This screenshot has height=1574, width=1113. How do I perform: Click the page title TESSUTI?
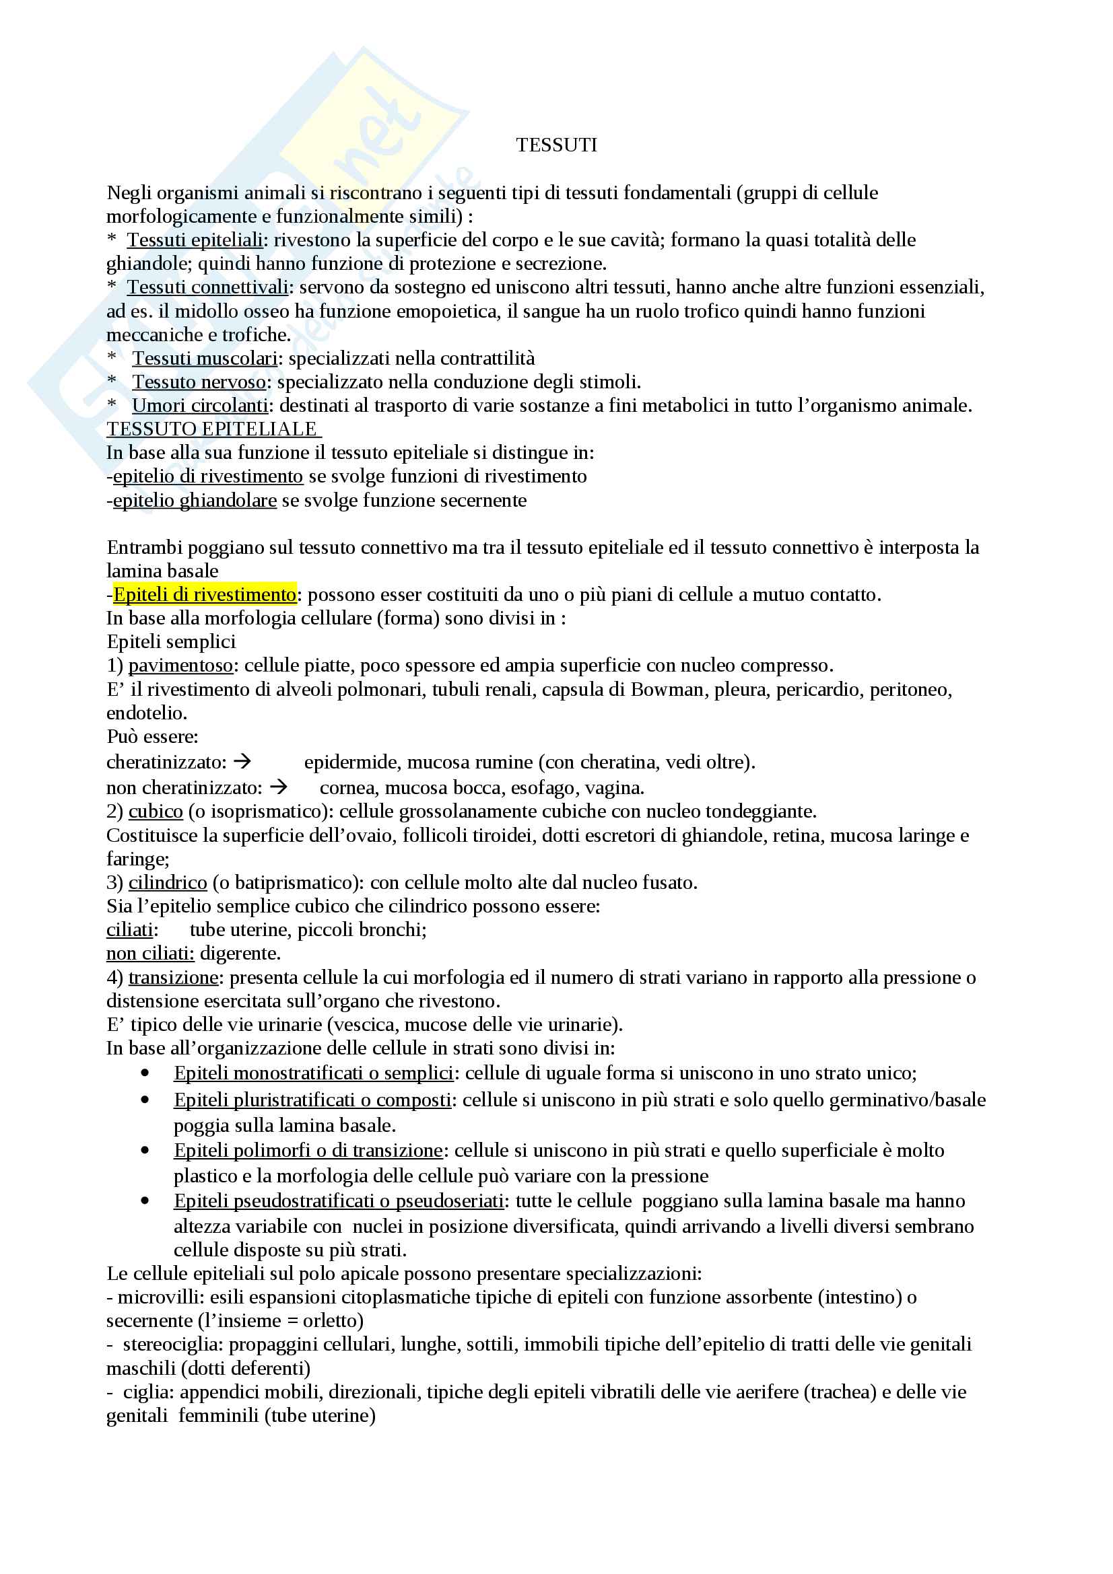pos(556,145)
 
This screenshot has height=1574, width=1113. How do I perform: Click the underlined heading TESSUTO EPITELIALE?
pos(213,429)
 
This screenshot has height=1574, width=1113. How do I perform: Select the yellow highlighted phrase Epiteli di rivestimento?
pos(205,594)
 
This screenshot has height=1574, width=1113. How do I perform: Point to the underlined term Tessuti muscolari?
pos(205,359)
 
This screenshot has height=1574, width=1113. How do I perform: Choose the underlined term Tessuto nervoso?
pos(199,382)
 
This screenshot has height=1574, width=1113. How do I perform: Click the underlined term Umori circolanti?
pos(200,406)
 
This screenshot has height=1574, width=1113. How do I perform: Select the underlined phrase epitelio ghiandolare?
pos(195,501)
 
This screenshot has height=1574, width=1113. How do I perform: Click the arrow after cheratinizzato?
pos(243,761)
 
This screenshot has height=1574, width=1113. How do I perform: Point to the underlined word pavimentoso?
pos(180,666)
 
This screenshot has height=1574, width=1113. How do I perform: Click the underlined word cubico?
pos(156,812)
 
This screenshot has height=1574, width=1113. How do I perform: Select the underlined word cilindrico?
pos(168,883)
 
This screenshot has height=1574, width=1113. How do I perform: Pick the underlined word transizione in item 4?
pos(173,978)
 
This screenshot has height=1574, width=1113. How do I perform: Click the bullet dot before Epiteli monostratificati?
pos(145,1073)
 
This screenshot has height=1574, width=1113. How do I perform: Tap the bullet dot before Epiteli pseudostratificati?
pos(145,1201)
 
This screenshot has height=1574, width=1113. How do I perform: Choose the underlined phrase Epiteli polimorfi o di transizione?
pos(308,1150)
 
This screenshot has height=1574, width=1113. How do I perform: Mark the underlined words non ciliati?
pos(150,954)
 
